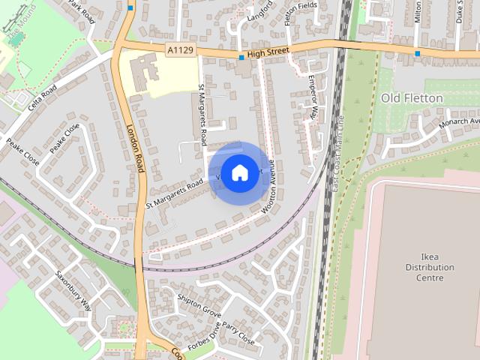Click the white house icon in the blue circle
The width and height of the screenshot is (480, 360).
pos(238,173)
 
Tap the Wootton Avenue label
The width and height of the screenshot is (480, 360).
pos(271,190)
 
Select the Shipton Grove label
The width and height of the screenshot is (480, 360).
pos(199,304)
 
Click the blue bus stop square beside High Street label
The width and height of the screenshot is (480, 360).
pos(241,57)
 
